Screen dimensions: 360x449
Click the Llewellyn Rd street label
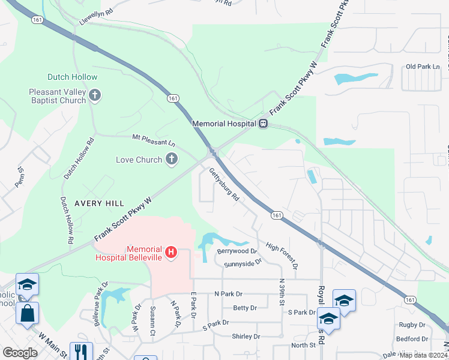[95, 16]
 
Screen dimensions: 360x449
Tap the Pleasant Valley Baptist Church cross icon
[95, 95]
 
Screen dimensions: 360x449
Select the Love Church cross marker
[172, 160]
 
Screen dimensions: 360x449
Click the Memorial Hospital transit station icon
[263, 124]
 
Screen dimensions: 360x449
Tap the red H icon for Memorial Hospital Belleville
[171, 253]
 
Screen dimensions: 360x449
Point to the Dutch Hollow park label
[73, 77]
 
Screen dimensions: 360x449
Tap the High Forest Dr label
[282, 256]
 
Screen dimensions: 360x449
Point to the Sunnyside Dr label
[243, 263]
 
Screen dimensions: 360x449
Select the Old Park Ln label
[423, 67]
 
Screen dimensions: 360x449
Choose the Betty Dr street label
[244, 308]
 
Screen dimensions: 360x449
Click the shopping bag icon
[28, 313]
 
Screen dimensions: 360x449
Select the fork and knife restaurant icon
[81, 351]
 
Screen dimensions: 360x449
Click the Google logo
[20, 352]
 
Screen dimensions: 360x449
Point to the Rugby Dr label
[412, 325]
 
